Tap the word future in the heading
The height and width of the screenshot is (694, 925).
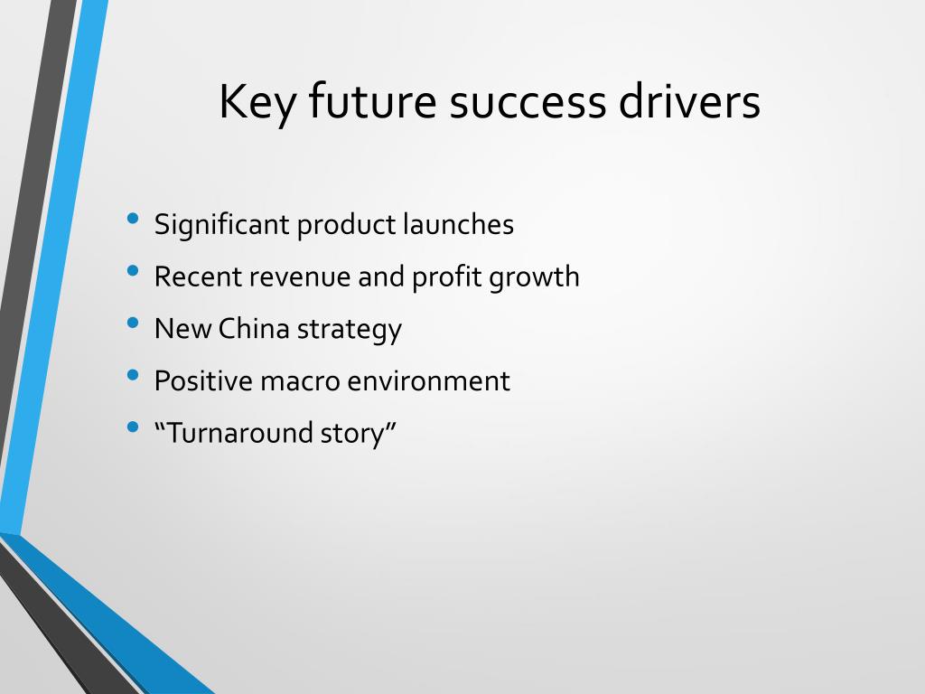[372, 100]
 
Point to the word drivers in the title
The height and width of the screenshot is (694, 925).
[689, 100]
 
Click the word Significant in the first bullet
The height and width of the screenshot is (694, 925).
[222, 225]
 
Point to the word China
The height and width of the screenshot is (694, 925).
[254, 329]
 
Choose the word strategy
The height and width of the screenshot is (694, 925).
[350, 330]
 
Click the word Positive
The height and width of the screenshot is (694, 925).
[203, 380]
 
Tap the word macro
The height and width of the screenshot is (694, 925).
[300, 382]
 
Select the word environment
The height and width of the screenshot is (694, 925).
[429, 380]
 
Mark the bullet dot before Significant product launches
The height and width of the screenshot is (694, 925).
[133, 219]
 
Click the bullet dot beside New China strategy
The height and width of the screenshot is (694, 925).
[133, 323]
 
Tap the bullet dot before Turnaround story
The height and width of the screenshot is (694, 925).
[133, 427]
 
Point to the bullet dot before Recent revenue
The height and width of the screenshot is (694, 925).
[133, 271]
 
